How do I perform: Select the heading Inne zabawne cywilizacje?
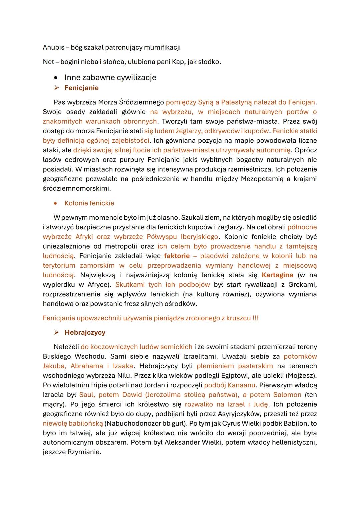click(110, 78)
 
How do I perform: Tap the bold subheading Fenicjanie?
click(82, 88)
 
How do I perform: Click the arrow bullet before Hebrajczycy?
click(57, 332)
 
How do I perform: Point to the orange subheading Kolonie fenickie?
click(89, 203)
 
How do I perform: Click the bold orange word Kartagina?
click(277, 275)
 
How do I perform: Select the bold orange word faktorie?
click(177, 256)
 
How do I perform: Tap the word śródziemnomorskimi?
click(76, 188)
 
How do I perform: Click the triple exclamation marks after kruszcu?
click(255, 318)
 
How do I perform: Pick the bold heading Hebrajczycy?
click(85, 332)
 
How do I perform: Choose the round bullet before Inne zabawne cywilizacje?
click(57, 78)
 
